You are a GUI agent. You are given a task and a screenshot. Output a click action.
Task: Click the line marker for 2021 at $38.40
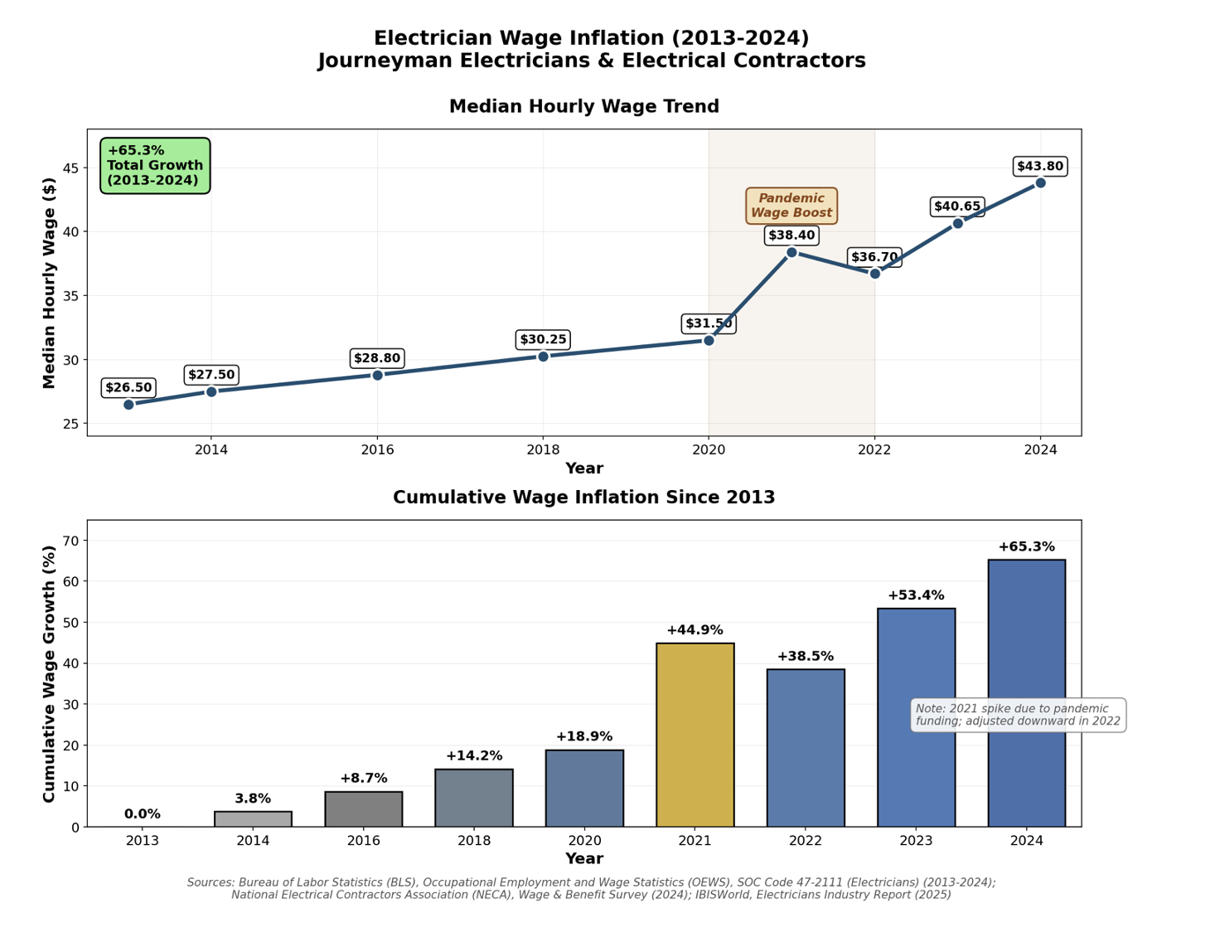coord(791,252)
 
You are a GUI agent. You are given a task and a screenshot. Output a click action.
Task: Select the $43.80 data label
coord(1040,167)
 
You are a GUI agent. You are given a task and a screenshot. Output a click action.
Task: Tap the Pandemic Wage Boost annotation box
coord(791,206)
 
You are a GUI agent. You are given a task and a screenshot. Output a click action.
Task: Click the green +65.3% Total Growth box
coord(155,166)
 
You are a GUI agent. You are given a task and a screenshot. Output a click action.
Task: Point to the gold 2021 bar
coord(695,735)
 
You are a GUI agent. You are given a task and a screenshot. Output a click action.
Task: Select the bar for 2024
coord(1026,693)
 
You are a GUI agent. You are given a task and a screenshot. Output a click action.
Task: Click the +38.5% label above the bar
coord(805,657)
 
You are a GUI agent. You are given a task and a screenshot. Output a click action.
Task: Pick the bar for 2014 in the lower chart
coord(253,819)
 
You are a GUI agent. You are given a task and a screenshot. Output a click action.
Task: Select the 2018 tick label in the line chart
coord(543,449)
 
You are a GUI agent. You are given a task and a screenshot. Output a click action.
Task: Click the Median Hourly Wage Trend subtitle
coord(583,107)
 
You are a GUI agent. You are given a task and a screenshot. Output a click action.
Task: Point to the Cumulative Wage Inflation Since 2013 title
coord(583,498)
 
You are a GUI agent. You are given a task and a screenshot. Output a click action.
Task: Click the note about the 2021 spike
coord(1019,715)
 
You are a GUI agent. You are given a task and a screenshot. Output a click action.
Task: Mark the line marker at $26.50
coord(128,405)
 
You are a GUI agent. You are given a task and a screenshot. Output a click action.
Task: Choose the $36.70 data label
coord(874,257)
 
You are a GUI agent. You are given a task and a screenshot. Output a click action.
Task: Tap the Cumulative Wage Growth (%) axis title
coord(49,673)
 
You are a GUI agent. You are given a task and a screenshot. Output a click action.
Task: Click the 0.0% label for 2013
coord(143,814)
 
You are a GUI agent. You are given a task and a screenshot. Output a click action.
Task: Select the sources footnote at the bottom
coord(591,888)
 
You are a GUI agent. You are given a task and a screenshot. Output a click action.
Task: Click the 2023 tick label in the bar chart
coord(916,841)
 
